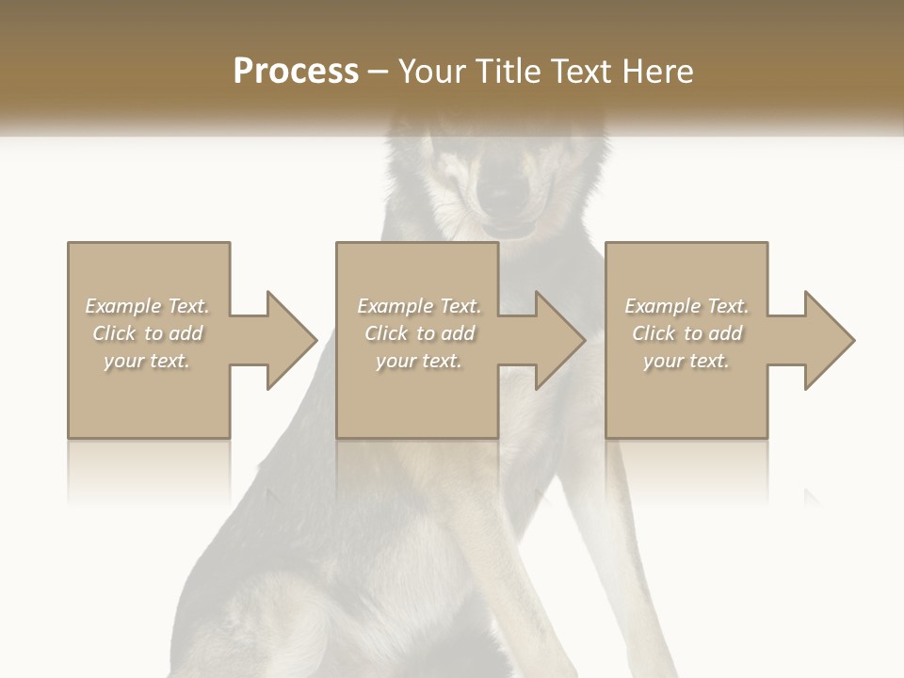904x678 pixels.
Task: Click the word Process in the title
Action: click(296, 72)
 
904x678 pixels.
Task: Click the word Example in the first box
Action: click(123, 306)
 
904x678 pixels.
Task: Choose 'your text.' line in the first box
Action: click(147, 361)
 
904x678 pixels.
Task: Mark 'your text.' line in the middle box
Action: click(418, 361)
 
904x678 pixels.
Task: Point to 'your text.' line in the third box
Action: click(686, 361)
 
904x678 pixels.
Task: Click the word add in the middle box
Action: click(458, 333)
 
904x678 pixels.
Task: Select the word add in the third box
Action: click(725, 333)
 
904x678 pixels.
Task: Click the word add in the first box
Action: click(186, 333)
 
